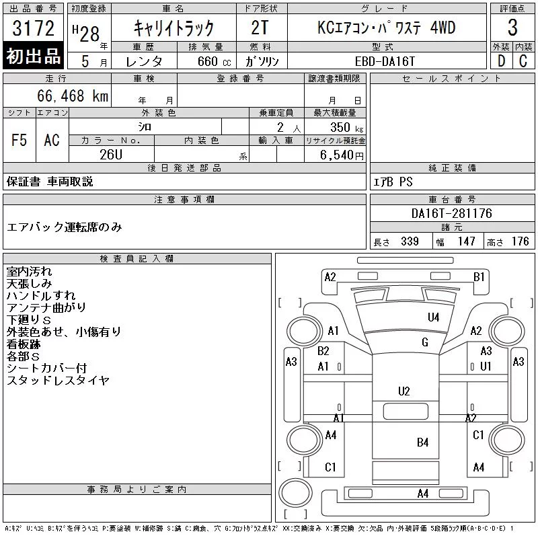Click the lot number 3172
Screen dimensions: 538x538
pyautogui.click(x=33, y=28)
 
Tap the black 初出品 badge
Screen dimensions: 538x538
pyautogui.click(x=33, y=56)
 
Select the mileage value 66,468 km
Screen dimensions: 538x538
pyautogui.click(x=73, y=95)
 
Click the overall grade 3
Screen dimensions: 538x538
pyautogui.click(x=512, y=28)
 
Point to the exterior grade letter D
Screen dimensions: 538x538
pyautogui.click(x=502, y=61)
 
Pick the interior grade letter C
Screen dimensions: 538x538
pyautogui.click(x=523, y=61)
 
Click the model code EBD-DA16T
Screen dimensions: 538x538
pyautogui.click(x=385, y=61)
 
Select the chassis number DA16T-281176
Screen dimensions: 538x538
pyautogui.click(x=451, y=213)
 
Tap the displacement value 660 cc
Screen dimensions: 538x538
pyautogui.click(x=215, y=61)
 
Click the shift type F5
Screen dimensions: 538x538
pyautogui.click(x=20, y=140)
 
